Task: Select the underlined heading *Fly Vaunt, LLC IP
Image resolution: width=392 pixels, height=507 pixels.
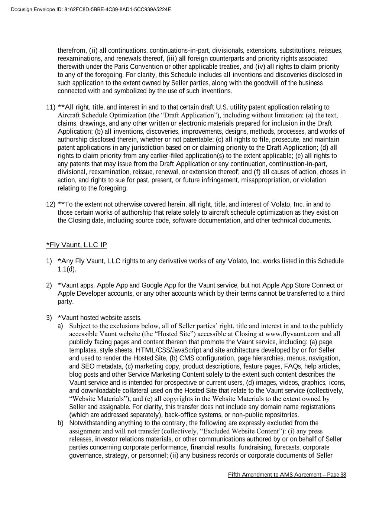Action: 77,245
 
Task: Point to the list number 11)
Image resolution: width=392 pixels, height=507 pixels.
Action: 51,107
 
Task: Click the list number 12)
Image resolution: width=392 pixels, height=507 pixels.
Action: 51,204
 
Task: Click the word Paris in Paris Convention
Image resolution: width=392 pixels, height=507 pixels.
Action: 121,67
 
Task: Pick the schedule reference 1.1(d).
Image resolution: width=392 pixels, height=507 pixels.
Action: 67,269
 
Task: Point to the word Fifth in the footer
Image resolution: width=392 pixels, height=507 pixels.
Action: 235,475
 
